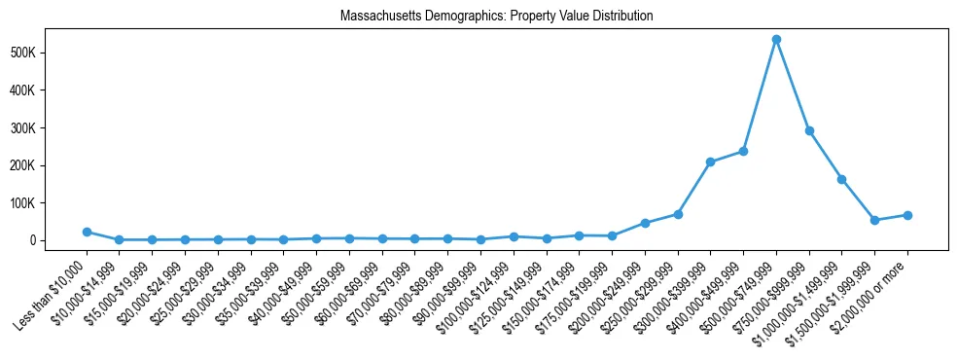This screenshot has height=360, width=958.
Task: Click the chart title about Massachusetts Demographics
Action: [x=496, y=17]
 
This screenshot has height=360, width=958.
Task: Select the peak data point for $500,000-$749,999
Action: [x=776, y=40]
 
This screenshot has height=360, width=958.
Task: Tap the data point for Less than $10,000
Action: [x=87, y=232]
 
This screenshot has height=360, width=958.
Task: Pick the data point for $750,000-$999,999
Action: [x=809, y=130]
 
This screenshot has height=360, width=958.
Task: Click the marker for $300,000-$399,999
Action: [x=710, y=162]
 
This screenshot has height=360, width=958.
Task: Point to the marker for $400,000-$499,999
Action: [x=743, y=151]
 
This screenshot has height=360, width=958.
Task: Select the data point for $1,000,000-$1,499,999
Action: [x=841, y=179]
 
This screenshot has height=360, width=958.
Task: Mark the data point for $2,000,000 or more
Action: [x=907, y=215]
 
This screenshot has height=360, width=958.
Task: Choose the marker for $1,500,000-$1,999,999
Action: [x=874, y=220]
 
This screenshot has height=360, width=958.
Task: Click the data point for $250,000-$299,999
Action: [x=678, y=214]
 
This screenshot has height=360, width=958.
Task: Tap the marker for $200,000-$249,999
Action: [x=645, y=223]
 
